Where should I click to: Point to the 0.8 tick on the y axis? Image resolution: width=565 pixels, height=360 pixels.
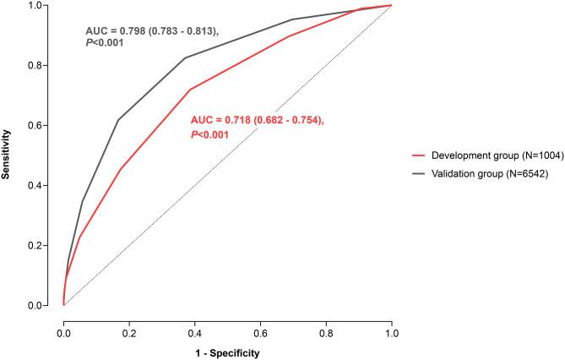(x=41, y=65)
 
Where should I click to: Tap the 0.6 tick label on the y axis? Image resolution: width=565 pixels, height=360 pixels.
(x=41, y=125)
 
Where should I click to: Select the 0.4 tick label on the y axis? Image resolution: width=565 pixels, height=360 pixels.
(x=41, y=185)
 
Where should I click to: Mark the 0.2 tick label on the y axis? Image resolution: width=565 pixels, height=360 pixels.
(x=41, y=245)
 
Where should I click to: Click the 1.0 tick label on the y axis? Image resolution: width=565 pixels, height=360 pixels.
(x=41, y=6)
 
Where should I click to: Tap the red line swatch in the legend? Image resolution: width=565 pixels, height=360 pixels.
(x=416, y=156)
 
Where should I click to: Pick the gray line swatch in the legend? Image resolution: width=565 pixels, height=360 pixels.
(x=416, y=174)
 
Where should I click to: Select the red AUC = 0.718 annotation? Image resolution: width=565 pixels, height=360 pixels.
(x=257, y=121)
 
